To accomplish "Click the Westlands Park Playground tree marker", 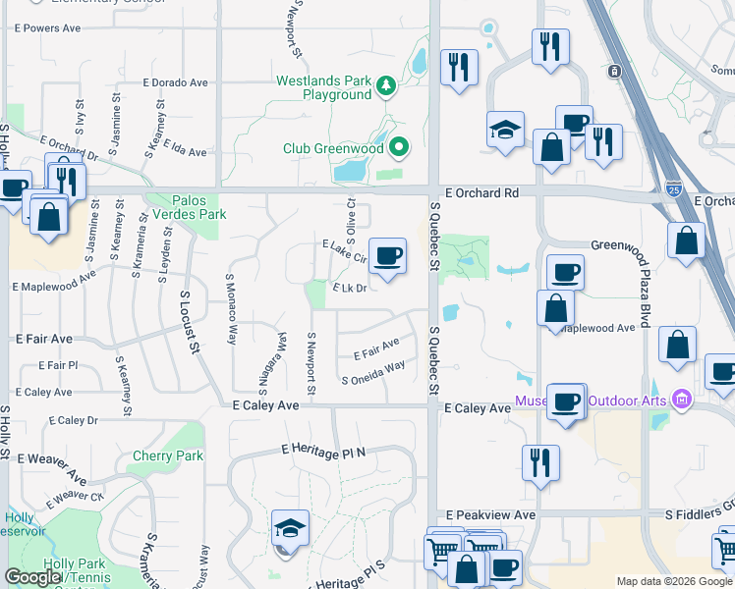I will [387, 87].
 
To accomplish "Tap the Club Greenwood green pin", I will [398, 149].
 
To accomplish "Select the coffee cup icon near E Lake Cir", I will [387, 256].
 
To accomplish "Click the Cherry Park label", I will [168, 455].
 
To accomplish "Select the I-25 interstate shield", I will [673, 187].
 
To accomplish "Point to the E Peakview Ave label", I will [490, 514].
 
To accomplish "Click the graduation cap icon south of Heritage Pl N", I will [290, 529].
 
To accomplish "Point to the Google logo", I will [32, 577].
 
